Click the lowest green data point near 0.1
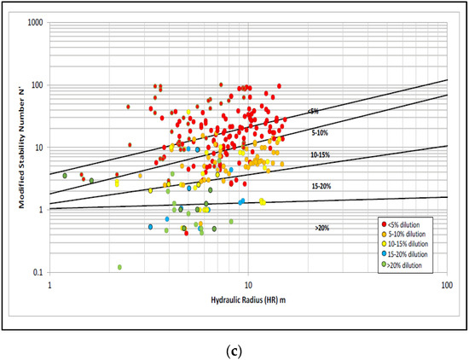tap(119, 267)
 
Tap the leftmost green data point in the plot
tap(65, 176)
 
